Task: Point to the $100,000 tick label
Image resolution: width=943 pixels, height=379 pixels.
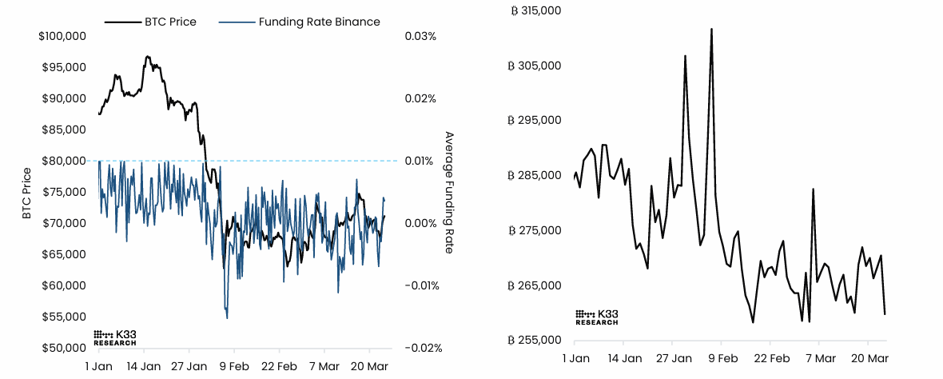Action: coord(63,37)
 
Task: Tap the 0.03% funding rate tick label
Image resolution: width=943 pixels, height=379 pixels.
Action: coord(420,37)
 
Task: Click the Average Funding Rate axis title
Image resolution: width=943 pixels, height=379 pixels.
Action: coord(448,193)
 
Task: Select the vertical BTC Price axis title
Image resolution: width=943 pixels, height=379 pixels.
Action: coord(27,193)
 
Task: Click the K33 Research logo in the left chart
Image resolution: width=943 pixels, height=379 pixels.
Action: coord(115,337)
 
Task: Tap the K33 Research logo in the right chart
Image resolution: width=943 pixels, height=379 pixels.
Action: coord(597,317)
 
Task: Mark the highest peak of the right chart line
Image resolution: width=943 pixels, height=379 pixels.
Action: coord(711,30)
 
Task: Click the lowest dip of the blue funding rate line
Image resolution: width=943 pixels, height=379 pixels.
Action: coord(227,318)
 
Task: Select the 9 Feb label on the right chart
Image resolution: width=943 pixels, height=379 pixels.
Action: coord(722,358)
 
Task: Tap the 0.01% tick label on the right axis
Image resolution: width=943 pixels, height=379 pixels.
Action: coord(420,161)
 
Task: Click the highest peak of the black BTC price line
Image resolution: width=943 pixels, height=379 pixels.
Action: coord(148,57)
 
